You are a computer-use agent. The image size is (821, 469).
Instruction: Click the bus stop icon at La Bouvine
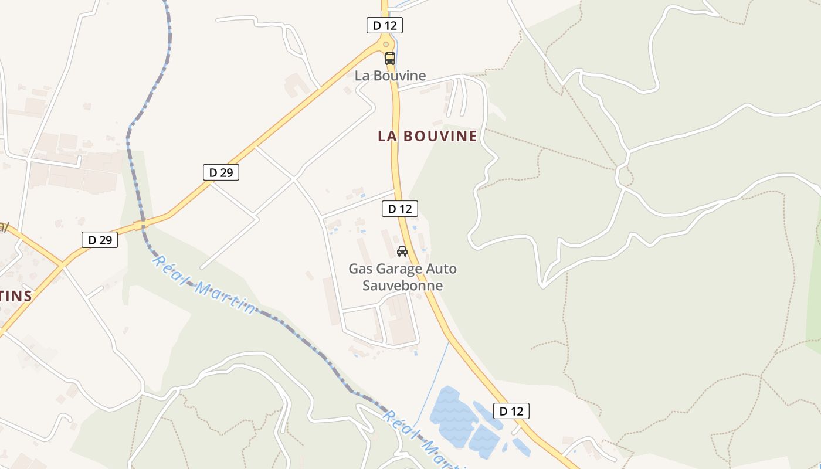[390, 59]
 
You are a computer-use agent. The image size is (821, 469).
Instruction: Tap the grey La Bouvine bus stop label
[390, 76]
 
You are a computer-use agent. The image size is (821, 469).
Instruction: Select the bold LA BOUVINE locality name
[428, 136]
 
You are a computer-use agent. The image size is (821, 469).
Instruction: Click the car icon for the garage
[402, 252]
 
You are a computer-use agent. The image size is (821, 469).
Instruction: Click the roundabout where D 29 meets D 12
[385, 43]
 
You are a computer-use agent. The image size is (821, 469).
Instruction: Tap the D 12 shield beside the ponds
[511, 411]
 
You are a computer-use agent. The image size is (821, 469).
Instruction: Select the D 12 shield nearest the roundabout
[384, 25]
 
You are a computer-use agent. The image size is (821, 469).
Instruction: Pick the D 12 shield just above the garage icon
[399, 208]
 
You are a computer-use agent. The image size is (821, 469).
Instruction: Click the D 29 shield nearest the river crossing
[99, 239]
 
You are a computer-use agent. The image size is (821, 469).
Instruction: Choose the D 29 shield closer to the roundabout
[220, 172]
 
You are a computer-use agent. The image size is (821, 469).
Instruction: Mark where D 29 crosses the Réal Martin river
[141, 225]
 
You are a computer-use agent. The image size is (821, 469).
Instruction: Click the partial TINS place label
[16, 295]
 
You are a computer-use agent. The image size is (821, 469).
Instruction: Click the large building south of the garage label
[402, 320]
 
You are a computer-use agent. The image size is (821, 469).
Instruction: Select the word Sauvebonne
[402, 286]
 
